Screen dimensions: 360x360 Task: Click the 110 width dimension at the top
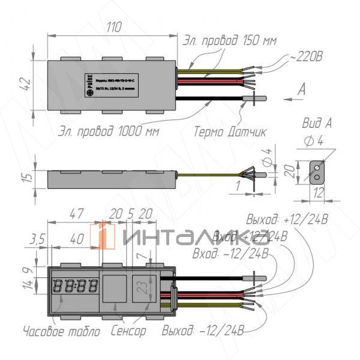[113, 28]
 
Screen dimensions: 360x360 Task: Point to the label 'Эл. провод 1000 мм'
[112, 130]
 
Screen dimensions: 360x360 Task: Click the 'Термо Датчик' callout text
[230, 130]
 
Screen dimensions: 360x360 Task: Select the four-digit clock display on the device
[75, 286]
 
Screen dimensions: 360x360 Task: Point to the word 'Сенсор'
[128, 330]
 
